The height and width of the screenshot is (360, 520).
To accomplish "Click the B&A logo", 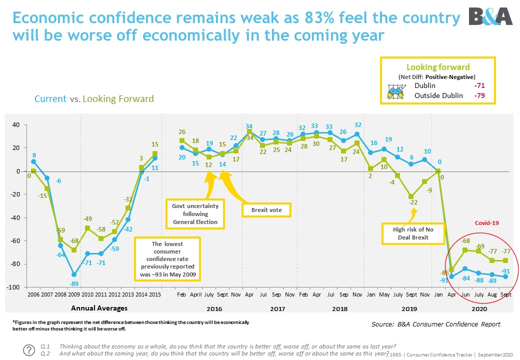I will (x=490, y=16).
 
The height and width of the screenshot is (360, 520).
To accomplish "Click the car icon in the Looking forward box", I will (x=395, y=90).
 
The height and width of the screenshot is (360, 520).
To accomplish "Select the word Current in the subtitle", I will (x=50, y=99).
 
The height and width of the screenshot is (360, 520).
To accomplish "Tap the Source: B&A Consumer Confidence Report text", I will (x=435, y=324).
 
